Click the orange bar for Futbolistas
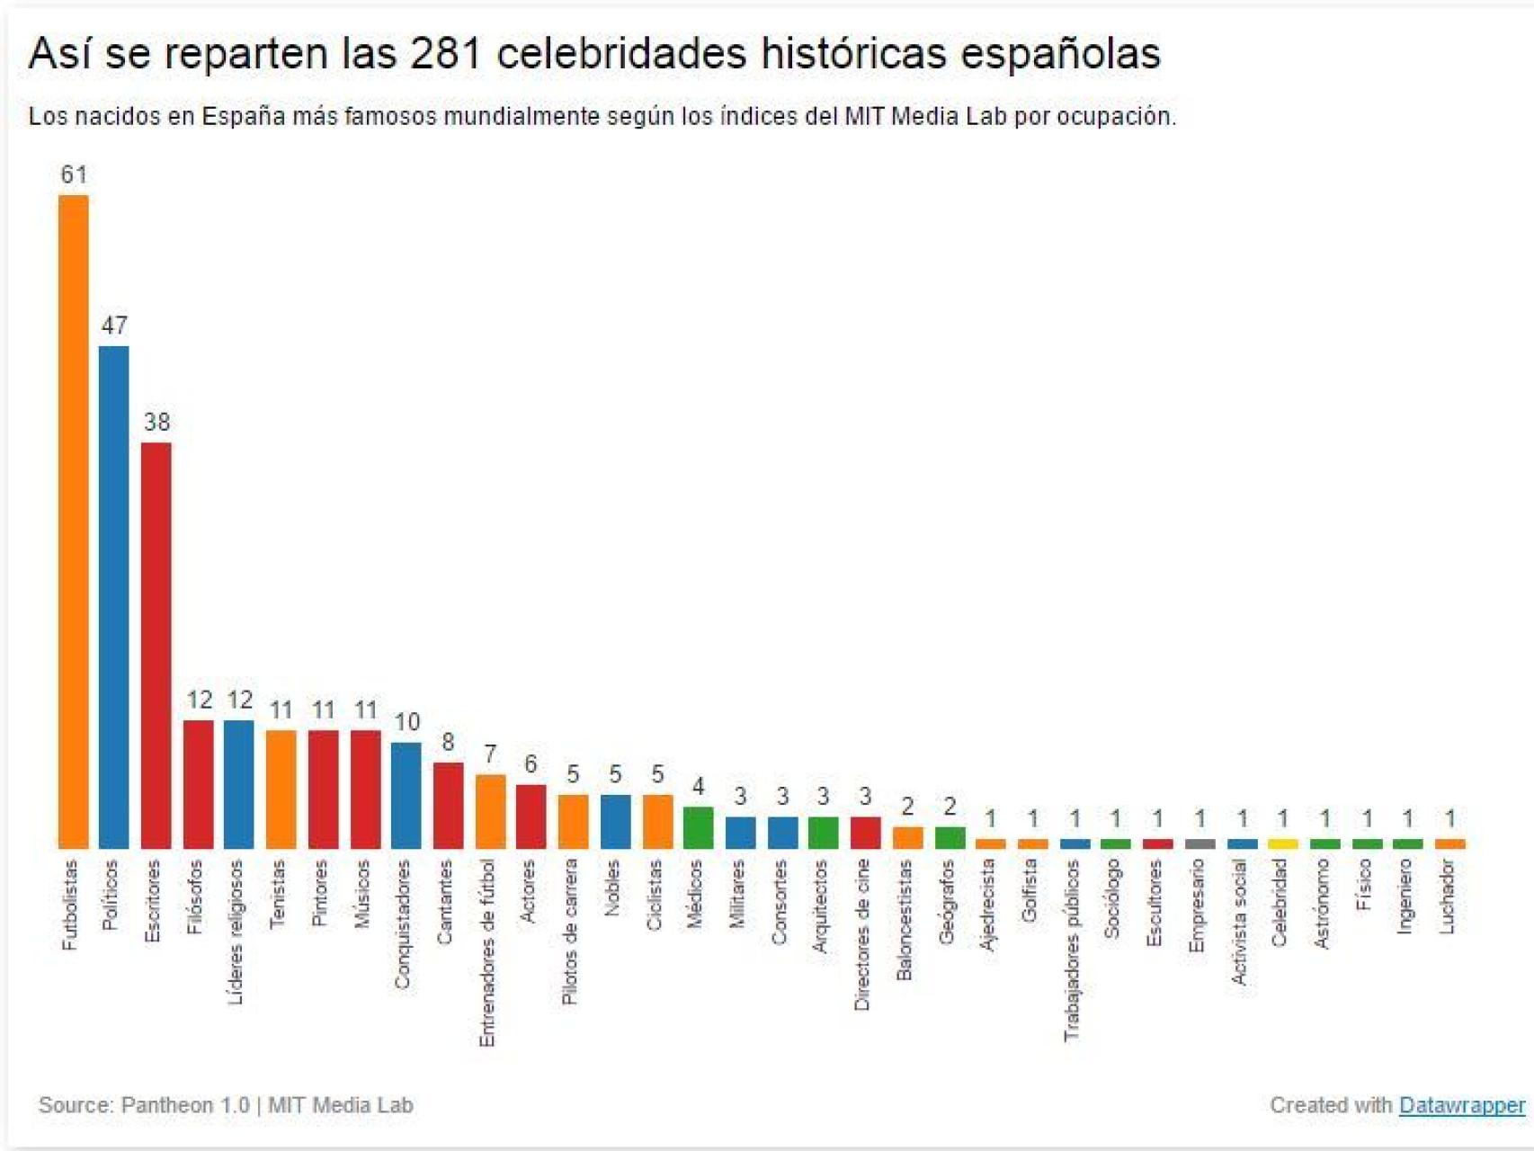pos(73,522)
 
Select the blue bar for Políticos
pos(113,597)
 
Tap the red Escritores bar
pos(156,645)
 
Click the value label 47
pos(114,326)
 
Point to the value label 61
pos(74,174)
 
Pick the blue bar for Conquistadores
pos(406,795)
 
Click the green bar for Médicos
pos(698,827)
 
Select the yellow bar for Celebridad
pos(1283,843)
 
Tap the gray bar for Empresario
pos(1200,843)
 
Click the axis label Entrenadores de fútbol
pos(487,952)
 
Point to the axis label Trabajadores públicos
pos(1071,950)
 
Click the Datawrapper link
pos(1462,1105)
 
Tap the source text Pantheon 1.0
pos(185,1105)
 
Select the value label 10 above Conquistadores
pos(407,722)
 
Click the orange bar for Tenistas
pos(281,789)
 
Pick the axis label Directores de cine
pos(862,934)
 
